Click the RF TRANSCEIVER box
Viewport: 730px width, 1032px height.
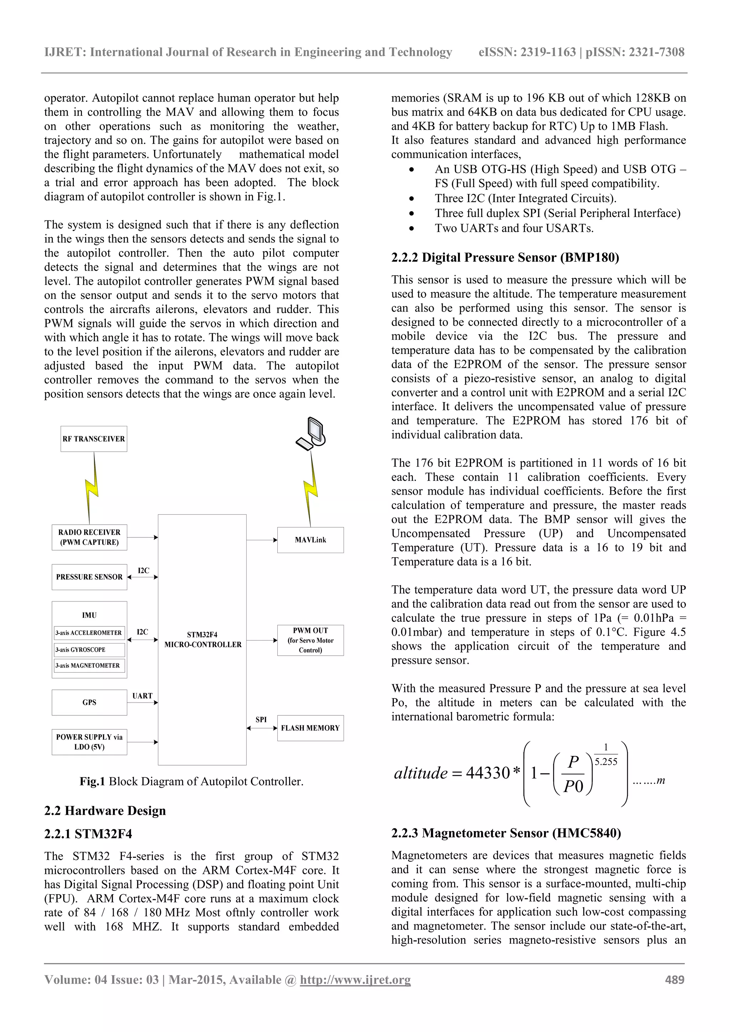coord(93,439)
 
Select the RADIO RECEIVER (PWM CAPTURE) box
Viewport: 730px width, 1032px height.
coord(89,537)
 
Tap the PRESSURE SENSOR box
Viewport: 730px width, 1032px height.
coord(89,577)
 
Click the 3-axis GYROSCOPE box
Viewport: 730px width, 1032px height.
coord(89,650)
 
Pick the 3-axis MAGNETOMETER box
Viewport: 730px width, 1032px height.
coord(89,665)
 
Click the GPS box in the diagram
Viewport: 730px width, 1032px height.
coord(89,702)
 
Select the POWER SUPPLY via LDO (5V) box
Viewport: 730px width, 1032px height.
coord(89,742)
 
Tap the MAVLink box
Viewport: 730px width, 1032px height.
coord(310,540)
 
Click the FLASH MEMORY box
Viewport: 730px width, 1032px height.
coord(310,728)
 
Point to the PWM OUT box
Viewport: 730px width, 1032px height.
coord(310,640)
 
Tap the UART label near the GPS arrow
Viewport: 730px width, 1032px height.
coord(142,696)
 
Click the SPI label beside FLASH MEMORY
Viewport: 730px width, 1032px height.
coord(261,719)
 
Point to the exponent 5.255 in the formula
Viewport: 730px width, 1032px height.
coord(606,761)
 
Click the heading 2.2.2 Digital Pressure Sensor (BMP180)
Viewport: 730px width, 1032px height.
coord(505,257)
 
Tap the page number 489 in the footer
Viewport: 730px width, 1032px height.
coord(675,980)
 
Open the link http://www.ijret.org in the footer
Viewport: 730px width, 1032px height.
coord(355,980)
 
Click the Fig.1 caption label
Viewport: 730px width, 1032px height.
coord(92,781)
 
